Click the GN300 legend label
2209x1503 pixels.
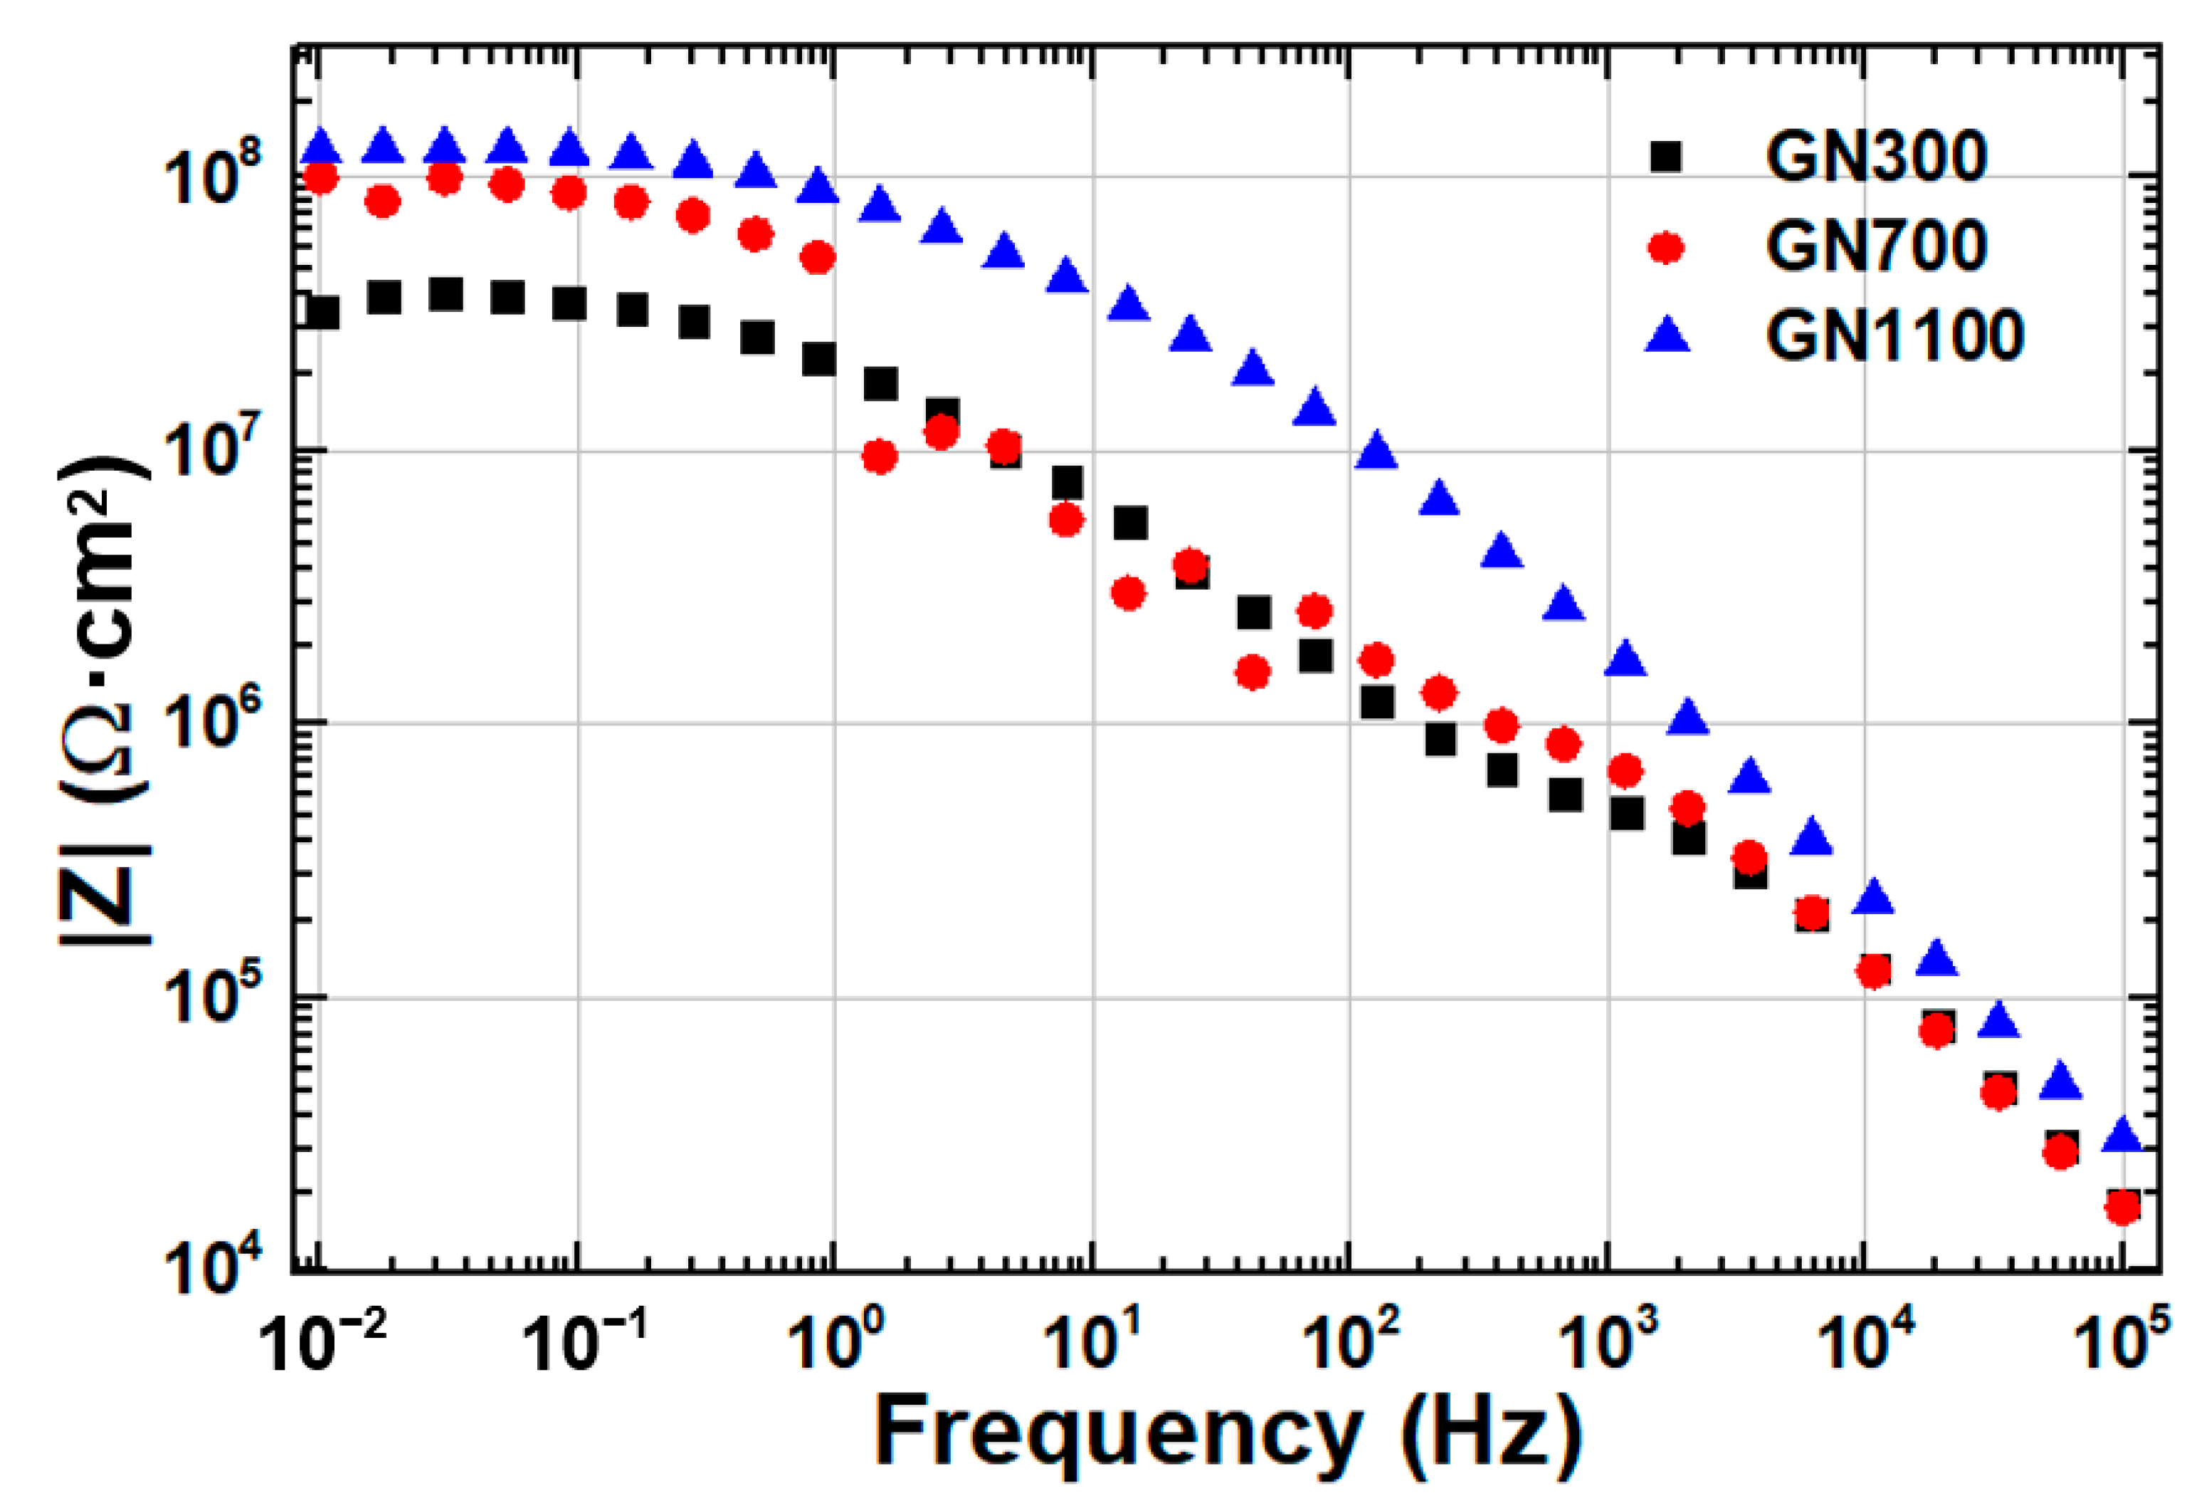coord(1875,156)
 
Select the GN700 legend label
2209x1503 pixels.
coord(1875,245)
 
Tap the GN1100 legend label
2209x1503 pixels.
coord(1894,335)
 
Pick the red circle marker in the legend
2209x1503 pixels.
coord(1665,247)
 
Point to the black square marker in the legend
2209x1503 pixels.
coord(1665,156)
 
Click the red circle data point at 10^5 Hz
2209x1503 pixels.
coord(2122,1208)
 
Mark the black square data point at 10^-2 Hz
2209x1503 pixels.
coord(323,312)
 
